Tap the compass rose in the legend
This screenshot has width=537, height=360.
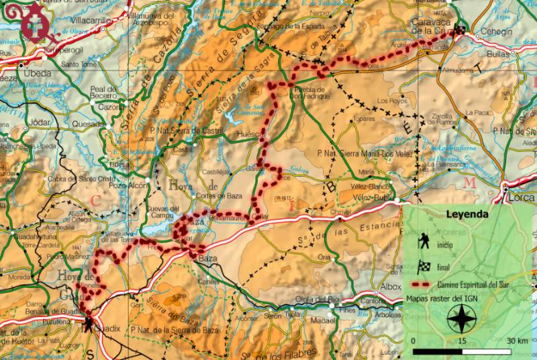click(461, 318)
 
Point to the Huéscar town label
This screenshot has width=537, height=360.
click(250, 134)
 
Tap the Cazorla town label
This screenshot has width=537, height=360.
click(111, 107)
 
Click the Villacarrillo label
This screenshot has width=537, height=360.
click(89, 21)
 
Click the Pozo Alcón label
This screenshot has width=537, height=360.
click(128, 185)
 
